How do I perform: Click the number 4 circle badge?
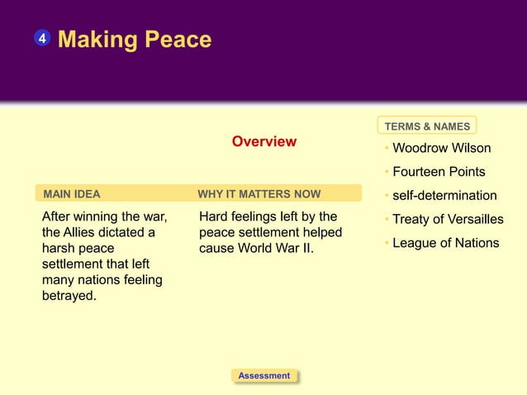click(x=42, y=39)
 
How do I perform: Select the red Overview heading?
click(x=263, y=141)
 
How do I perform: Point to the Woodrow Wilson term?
click(x=441, y=149)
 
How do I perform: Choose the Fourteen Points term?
click(x=439, y=172)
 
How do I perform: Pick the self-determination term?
click(x=444, y=196)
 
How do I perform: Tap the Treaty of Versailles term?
click(x=448, y=219)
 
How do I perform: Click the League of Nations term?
click(x=445, y=242)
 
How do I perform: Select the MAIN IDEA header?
click(x=72, y=195)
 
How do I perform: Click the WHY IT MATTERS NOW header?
click(x=259, y=195)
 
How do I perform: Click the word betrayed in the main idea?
click(x=69, y=296)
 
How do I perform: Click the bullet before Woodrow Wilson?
click(x=387, y=149)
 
